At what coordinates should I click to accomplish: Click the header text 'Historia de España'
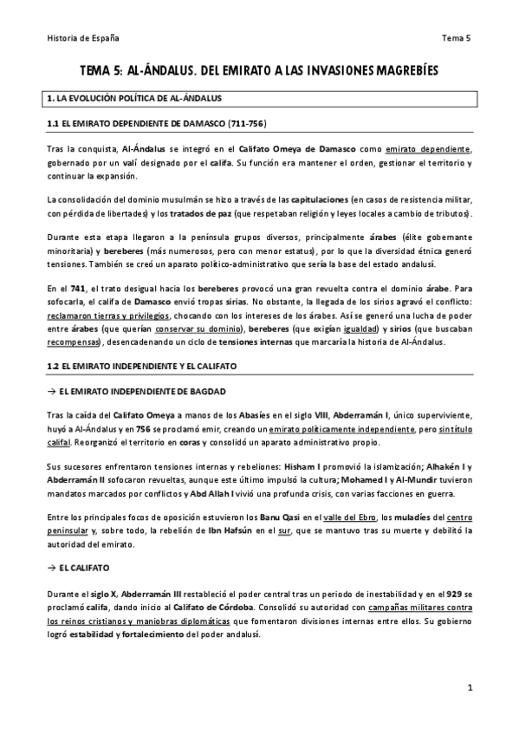pos(82,38)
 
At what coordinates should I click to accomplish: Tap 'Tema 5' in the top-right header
pos(455,38)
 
